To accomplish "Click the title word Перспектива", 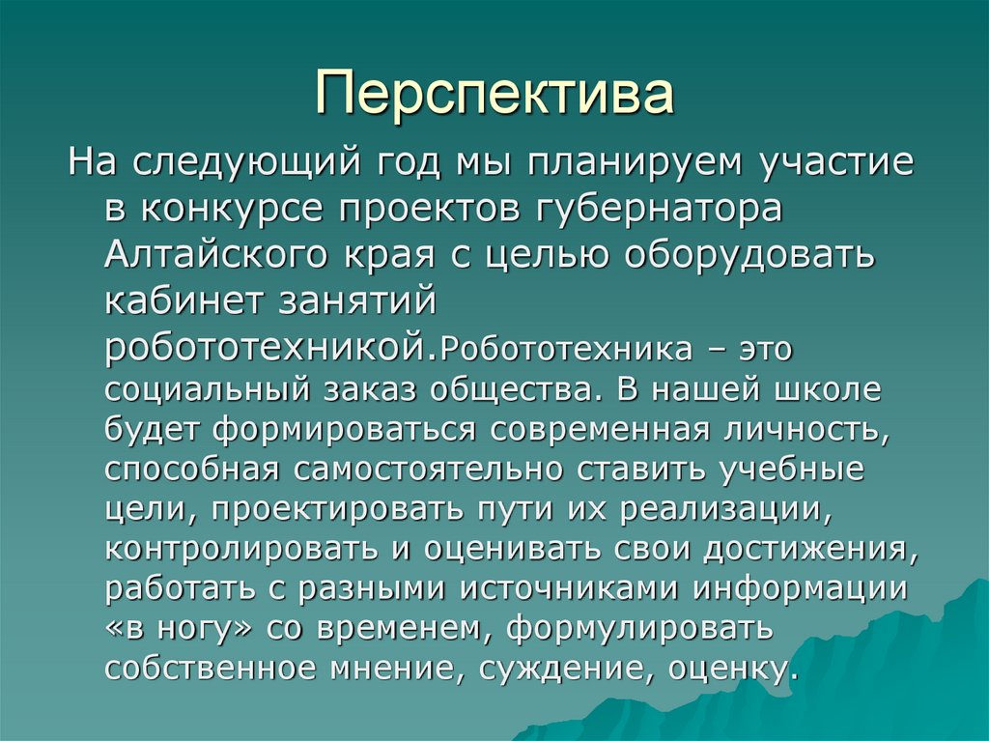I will click(x=494, y=94).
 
